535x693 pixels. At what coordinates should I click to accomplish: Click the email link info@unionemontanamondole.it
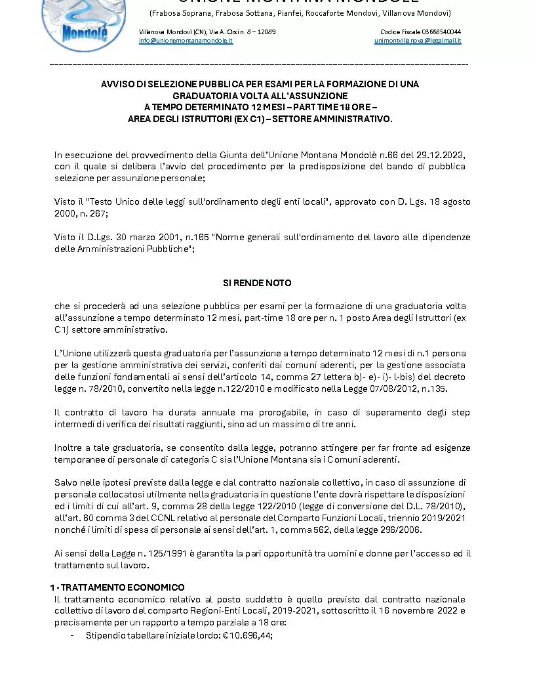(186, 41)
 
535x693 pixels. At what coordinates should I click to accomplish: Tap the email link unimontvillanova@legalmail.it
(418, 41)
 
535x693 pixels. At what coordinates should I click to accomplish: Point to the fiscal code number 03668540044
(441, 31)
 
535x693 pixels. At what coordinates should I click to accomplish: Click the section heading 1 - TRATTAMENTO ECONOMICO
(118, 587)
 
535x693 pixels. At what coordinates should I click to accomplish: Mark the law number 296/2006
(399, 530)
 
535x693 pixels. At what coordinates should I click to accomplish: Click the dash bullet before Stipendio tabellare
(71, 635)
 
